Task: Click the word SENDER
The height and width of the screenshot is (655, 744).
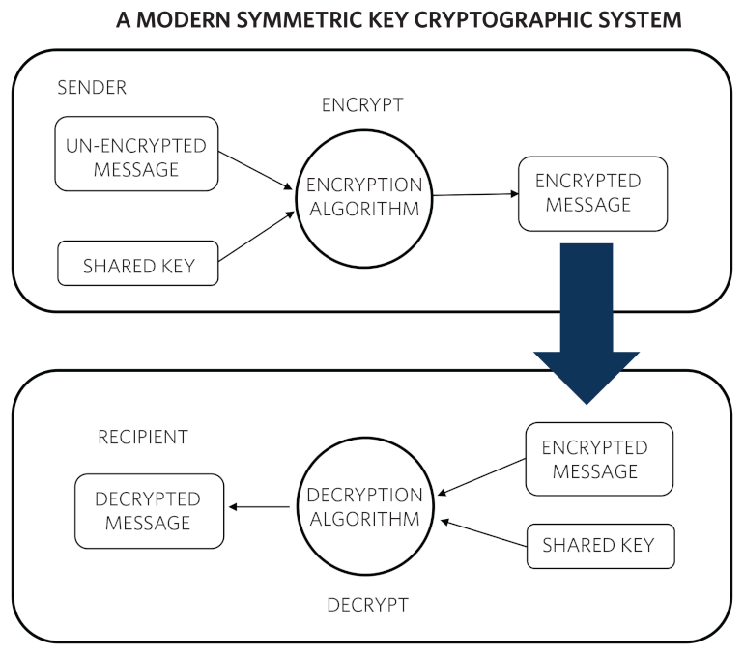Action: point(92,88)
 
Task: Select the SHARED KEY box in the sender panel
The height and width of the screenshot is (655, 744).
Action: point(138,265)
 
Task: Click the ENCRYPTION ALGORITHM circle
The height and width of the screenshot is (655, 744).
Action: point(363,196)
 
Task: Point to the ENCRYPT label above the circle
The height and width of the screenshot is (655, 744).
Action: point(362,105)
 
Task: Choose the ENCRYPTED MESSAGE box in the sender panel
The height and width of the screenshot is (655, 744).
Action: point(592,193)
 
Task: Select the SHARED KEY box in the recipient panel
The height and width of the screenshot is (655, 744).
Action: point(599,546)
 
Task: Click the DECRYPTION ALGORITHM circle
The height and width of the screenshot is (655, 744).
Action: point(363,507)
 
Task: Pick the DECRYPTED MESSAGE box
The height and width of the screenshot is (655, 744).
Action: point(148,510)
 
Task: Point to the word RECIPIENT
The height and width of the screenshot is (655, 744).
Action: point(142,438)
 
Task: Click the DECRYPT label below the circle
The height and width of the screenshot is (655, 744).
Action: point(367,606)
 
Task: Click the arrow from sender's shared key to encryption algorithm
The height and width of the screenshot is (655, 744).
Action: point(256,238)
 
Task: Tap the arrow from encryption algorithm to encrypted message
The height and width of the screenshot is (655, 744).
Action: point(475,195)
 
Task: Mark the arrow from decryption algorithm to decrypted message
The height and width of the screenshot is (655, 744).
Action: point(259,507)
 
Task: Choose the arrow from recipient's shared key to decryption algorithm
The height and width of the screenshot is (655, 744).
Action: point(483,533)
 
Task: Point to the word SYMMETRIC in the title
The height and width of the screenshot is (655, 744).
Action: point(300,19)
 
